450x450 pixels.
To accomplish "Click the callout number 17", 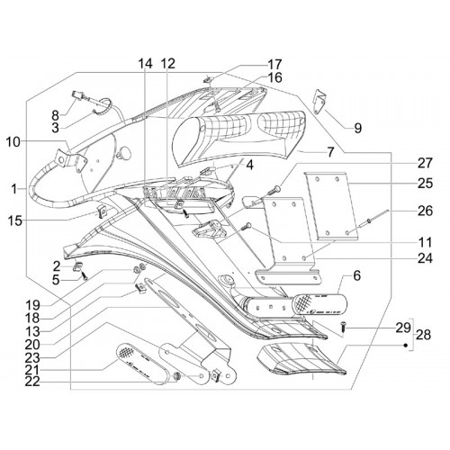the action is click(x=274, y=64).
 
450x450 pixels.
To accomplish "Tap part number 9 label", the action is click(x=357, y=128).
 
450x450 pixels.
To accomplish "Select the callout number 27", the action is click(x=425, y=163).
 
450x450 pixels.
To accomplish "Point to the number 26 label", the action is click(x=425, y=211).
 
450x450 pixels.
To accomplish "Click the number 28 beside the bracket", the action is click(x=423, y=335).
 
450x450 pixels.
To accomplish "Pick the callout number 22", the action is click(x=32, y=382).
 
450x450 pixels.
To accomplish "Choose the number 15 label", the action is click(x=14, y=221).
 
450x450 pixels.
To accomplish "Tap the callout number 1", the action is click(x=13, y=189).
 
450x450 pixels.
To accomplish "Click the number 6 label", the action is click(x=356, y=275).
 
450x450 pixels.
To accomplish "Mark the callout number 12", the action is click(x=168, y=64).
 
